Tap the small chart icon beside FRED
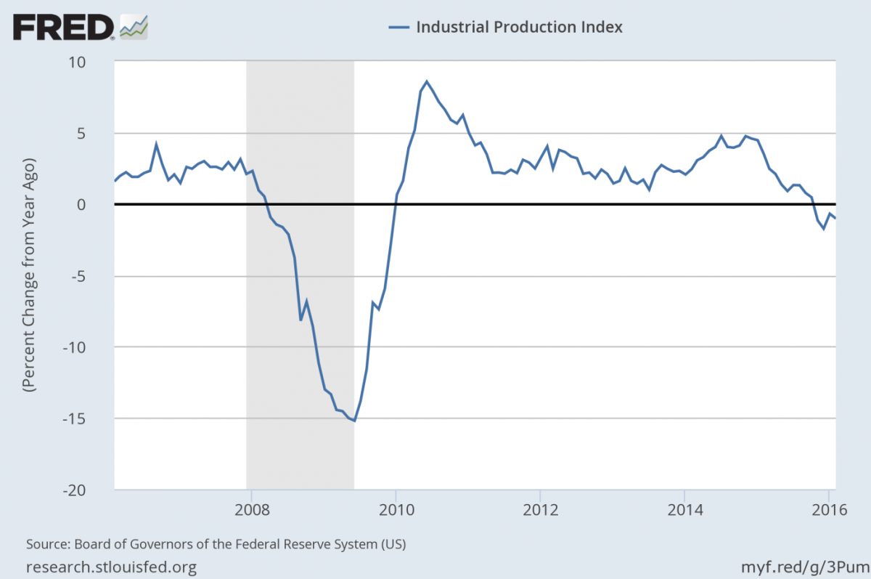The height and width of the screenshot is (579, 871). [134, 27]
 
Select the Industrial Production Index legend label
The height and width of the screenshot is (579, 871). [519, 27]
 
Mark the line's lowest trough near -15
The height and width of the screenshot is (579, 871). [353, 420]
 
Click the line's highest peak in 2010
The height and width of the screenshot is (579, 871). [427, 81]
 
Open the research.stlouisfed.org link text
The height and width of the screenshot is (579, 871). [111, 566]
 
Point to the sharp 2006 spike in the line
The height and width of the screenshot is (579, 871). [156, 144]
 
